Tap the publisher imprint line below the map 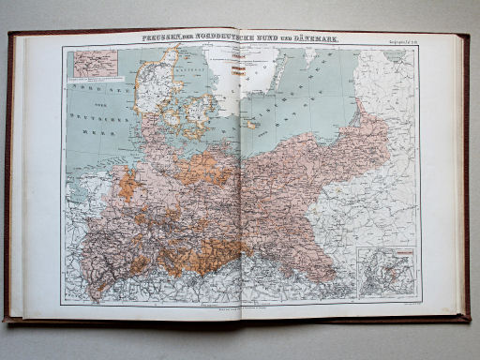[x=240, y=307]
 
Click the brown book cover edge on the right [x=465, y=178]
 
